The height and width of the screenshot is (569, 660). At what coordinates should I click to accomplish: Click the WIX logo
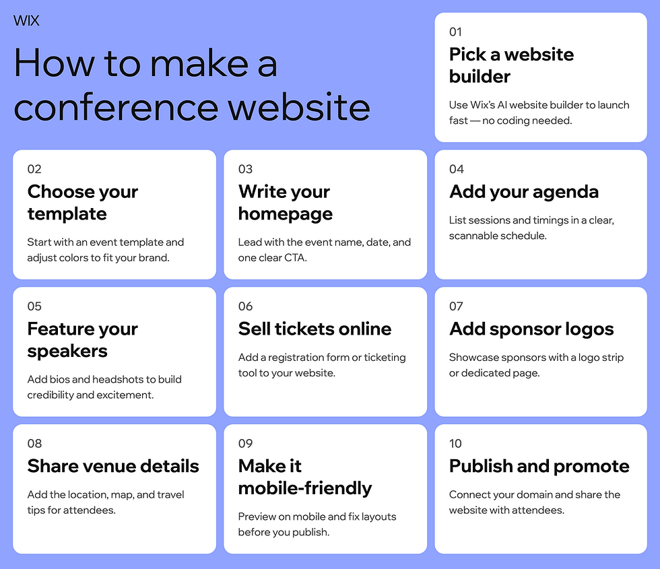26,21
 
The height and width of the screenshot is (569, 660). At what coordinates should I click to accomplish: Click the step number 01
456,32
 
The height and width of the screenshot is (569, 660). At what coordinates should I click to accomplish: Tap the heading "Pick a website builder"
511,65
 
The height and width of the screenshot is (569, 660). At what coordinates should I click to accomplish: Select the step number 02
34,169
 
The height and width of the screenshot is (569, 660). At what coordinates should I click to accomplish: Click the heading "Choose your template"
82,203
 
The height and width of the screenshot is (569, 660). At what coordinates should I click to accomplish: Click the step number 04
457,169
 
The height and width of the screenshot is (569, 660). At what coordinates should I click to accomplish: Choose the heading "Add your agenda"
523,192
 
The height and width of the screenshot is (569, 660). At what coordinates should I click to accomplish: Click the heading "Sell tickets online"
315,329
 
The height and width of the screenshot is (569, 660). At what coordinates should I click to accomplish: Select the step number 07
456,306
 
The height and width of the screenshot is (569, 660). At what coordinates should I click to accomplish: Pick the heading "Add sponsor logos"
531,329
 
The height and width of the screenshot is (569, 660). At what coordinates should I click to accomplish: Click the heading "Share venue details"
113,466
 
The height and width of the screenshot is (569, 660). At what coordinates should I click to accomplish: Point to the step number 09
245,443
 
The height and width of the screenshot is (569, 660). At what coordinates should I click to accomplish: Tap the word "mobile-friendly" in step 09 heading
304,488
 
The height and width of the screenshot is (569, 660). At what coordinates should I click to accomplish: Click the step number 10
456,443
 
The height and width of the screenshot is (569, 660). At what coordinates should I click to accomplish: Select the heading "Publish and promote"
539,466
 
